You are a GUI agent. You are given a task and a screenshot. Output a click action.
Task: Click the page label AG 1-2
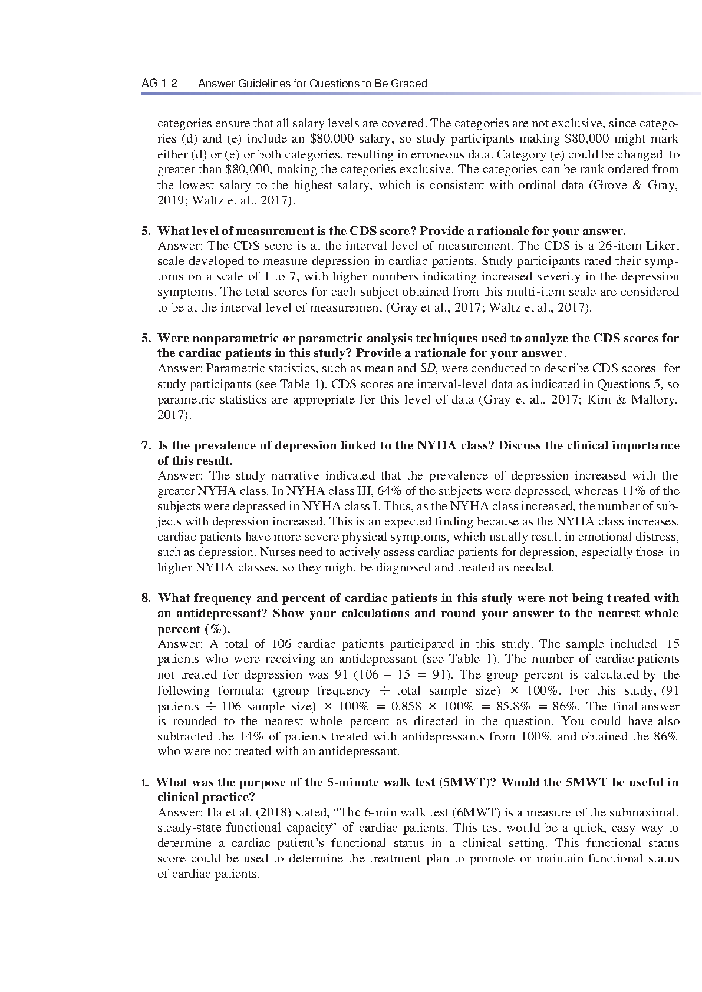coord(160,84)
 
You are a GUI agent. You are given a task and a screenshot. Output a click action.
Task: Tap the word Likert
coord(663,246)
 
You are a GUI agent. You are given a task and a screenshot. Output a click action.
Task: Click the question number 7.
coord(146,445)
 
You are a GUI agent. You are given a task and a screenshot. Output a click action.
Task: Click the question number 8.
coord(146,598)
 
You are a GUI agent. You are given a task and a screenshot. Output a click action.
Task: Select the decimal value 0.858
coord(406,706)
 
